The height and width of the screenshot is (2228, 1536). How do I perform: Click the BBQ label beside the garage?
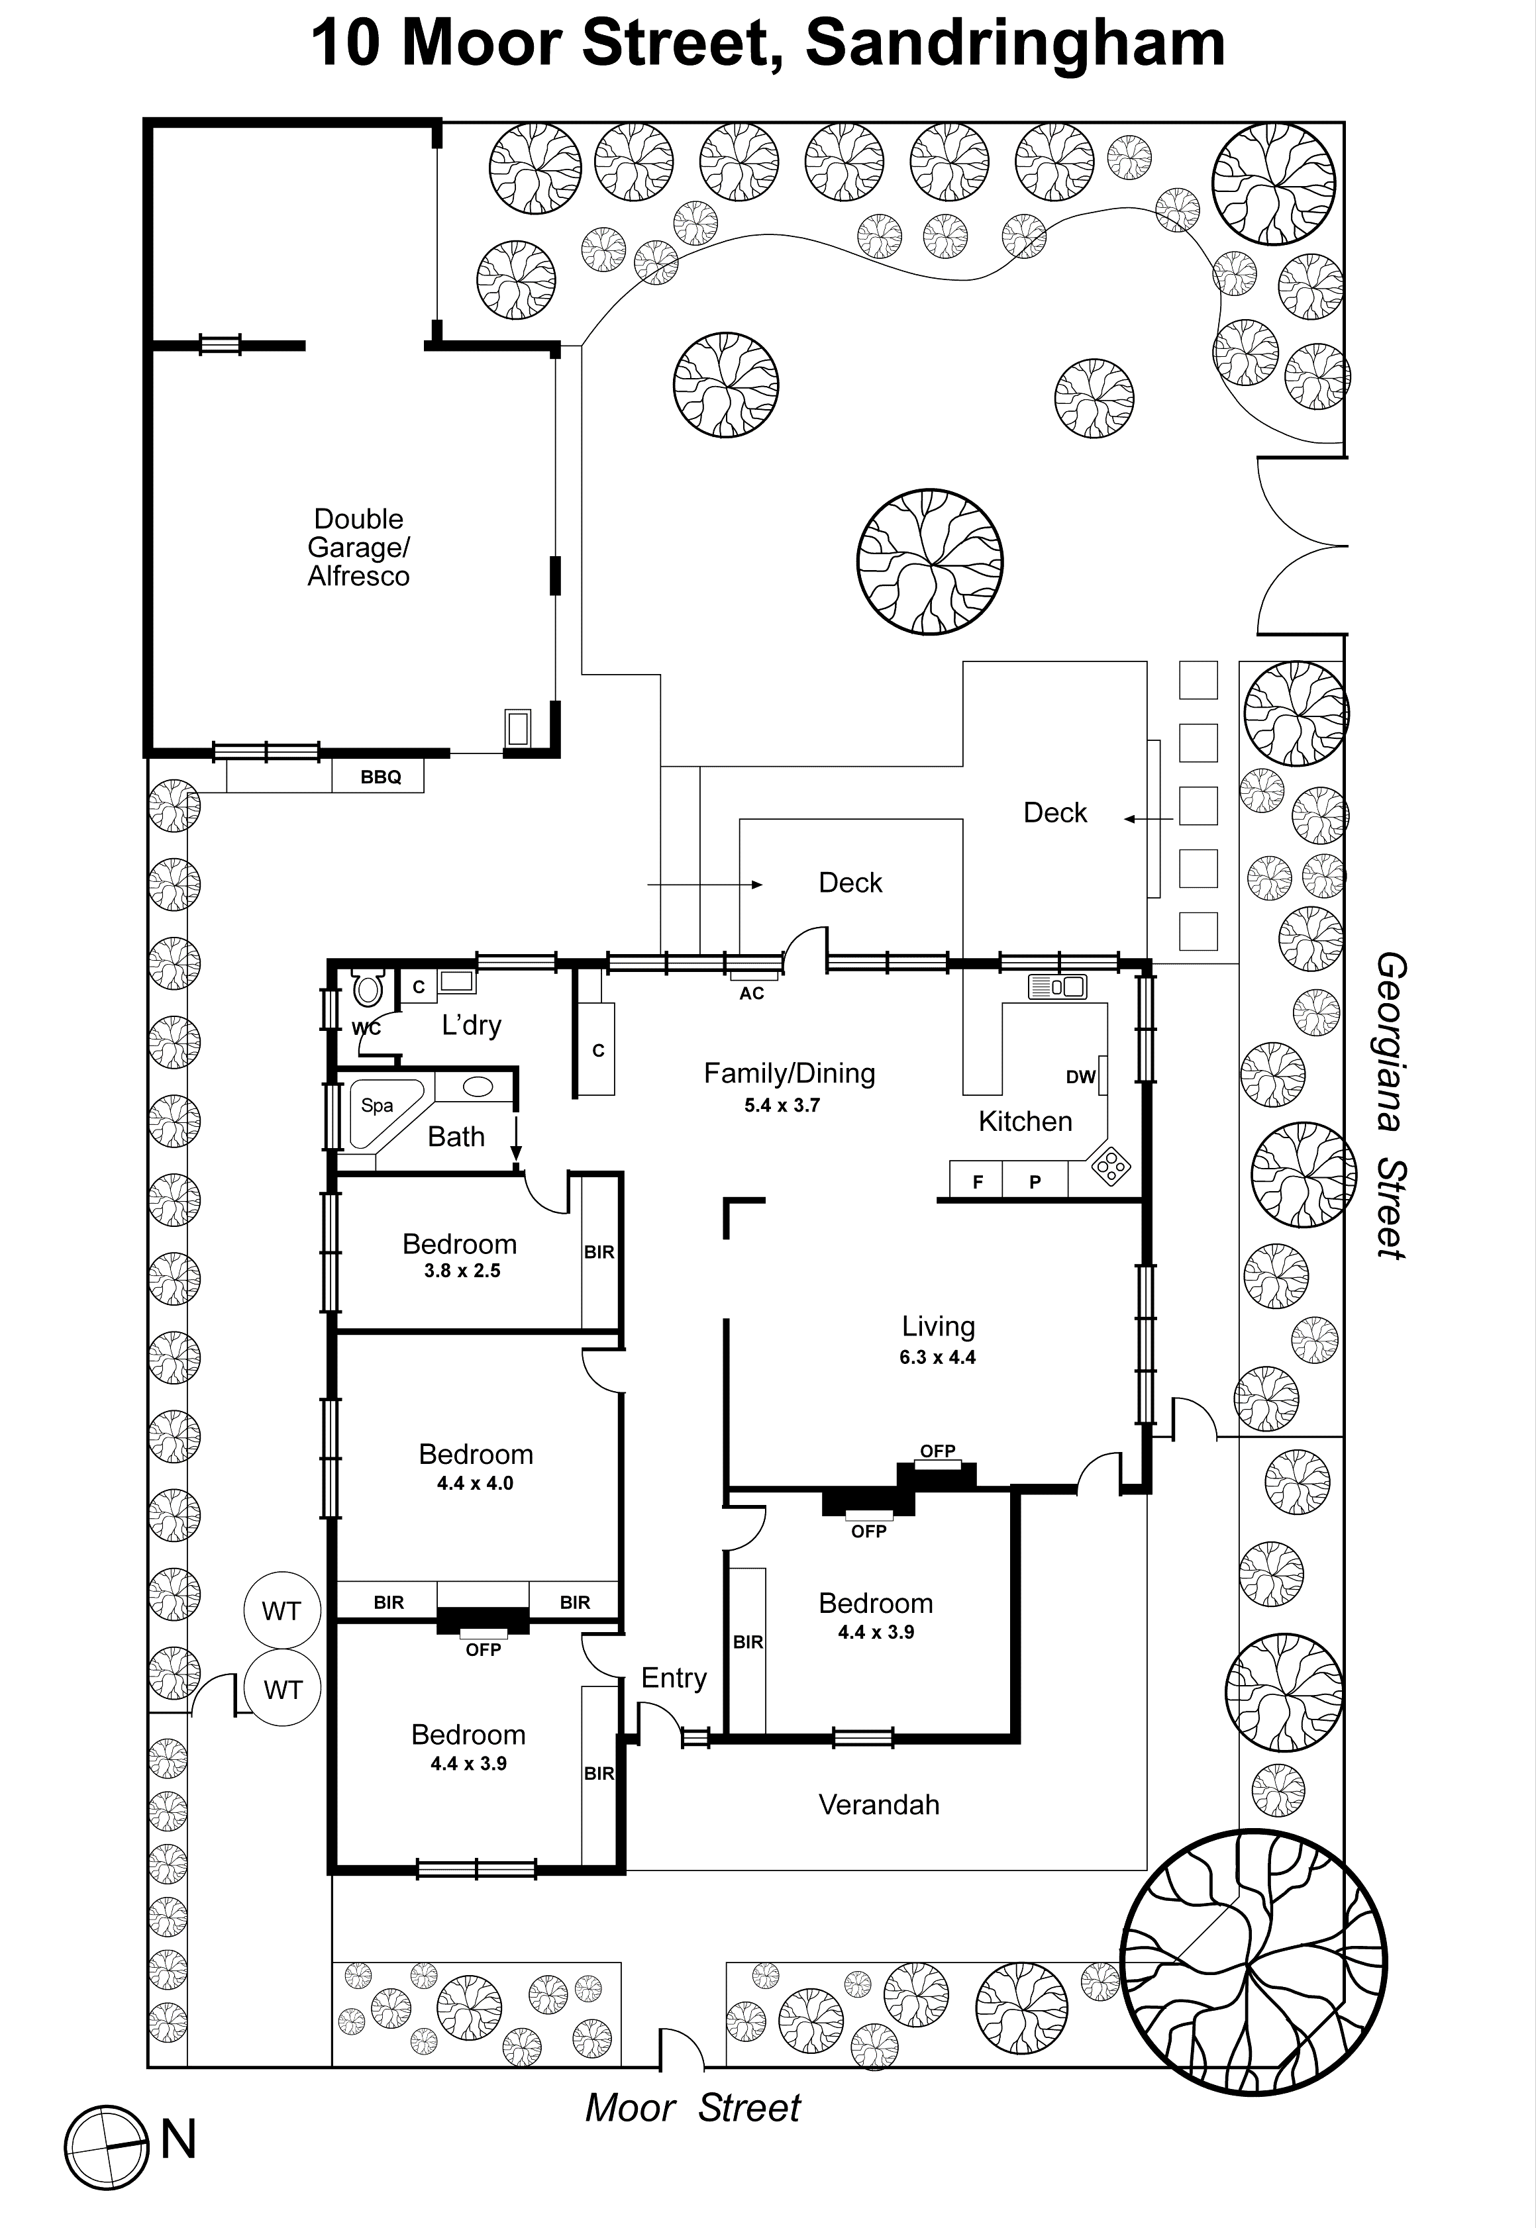[380, 777]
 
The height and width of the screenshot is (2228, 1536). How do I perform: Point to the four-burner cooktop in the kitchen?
[1111, 1167]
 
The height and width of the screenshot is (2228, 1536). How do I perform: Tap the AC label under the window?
[752, 994]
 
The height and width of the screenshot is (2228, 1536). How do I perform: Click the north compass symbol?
[108, 2148]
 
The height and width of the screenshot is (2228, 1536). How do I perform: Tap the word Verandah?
[879, 1805]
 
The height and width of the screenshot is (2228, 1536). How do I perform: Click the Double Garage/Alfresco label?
[358, 548]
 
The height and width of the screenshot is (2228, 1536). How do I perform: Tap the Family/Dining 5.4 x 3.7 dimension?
[782, 1105]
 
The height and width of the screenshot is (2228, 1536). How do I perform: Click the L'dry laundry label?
[471, 1026]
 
